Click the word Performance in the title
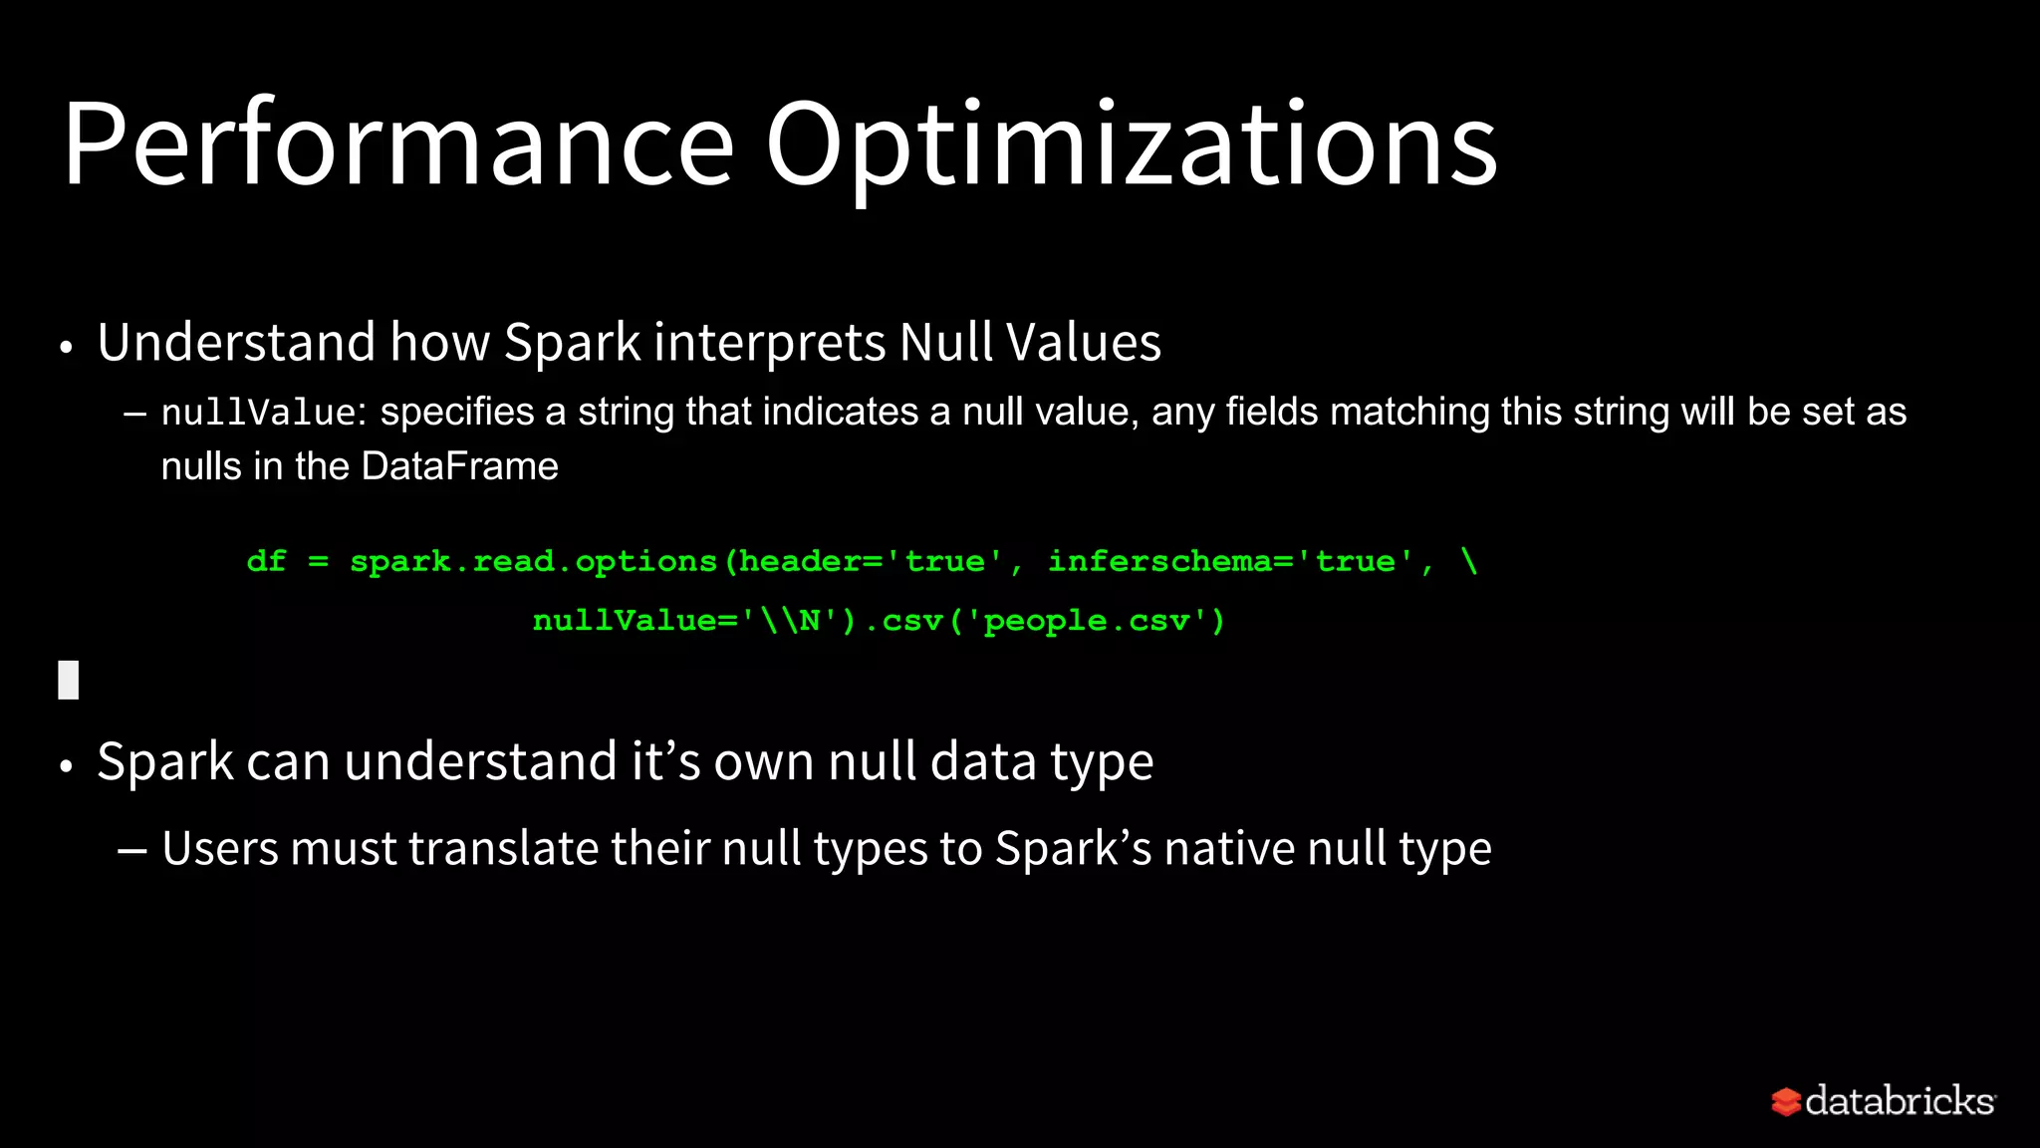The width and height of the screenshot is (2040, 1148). click(398, 144)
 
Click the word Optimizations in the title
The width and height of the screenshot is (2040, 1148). click(1131, 144)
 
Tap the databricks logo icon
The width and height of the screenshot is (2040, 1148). click(1786, 1101)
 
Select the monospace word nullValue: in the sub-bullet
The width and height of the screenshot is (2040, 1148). click(263, 413)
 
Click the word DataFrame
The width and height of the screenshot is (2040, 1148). click(459, 466)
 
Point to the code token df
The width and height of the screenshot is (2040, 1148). click(266, 561)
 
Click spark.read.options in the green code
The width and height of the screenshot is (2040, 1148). click(533, 562)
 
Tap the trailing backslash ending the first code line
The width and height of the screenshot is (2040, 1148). click(1468, 560)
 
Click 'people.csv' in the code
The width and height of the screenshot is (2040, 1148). click(1087, 621)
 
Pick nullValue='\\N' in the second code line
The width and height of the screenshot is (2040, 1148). click(687, 621)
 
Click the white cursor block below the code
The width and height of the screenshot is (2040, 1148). click(68, 680)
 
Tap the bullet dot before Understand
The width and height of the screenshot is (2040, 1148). click(67, 348)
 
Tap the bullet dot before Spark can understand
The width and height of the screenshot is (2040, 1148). click(67, 766)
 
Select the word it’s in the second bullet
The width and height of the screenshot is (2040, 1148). click(665, 761)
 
